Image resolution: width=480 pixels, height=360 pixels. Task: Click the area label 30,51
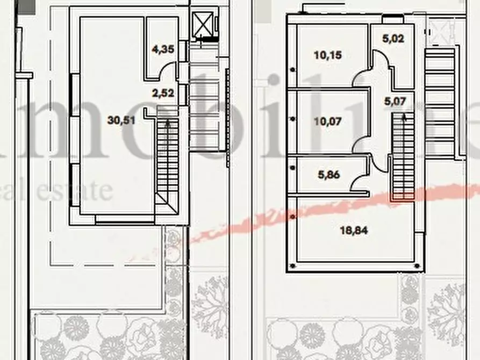121,120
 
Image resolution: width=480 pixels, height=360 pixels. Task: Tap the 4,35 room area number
163,50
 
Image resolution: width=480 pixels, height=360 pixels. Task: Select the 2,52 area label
163,92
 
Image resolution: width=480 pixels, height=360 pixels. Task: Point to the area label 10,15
327,55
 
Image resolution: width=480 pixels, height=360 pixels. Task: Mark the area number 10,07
327,121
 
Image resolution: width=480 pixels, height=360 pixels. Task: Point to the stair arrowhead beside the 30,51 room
169,123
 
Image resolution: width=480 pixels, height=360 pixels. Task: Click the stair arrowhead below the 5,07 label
404,117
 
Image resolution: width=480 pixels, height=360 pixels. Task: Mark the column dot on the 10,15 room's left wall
292,69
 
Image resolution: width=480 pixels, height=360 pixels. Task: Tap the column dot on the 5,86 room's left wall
292,168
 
